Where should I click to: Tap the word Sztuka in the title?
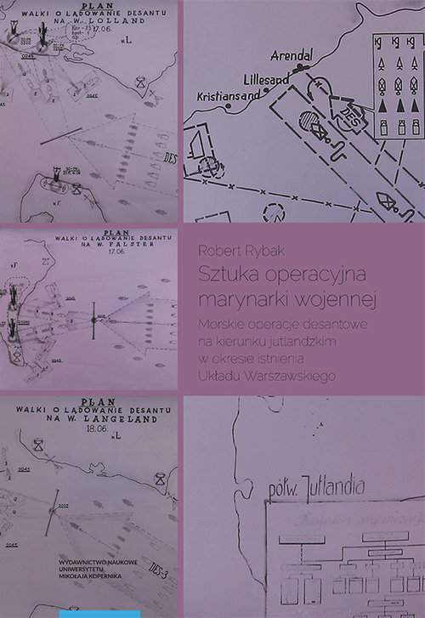pyautogui.click(x=220, y=275)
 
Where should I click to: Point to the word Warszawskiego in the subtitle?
pyautogui.click(x=294, y=375)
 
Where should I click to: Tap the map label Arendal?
pyautogui.click(x=291, y=56)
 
